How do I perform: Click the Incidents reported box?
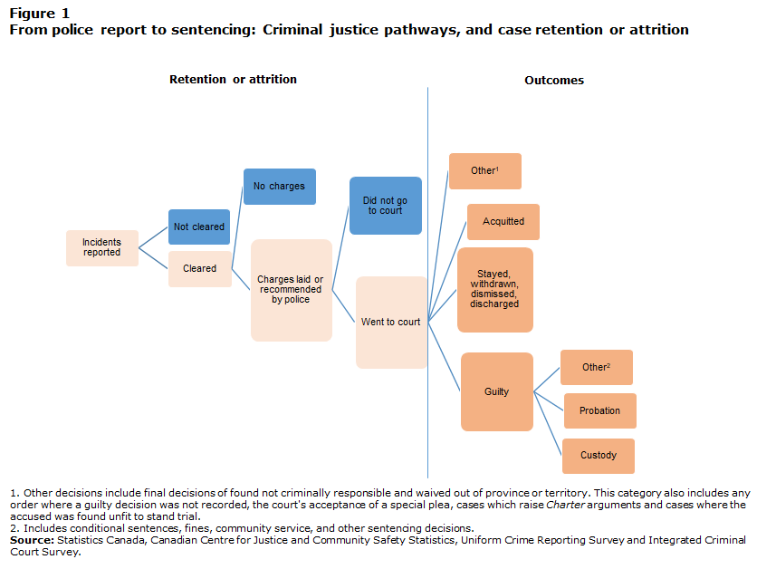pyautogui.click(x=102, y=248)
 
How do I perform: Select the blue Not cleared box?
pyautogui.click(x=199, y=227)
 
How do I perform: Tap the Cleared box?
pyautogui.click(x=200, y=269)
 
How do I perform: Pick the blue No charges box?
pyautogui.click(x=280, y=187)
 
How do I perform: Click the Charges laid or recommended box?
pyautogui.click(x=292, y=290)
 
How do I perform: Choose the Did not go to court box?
pyautogui.click(x=386, y=206)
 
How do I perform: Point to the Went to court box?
pyautogui.click(x=391, y=323)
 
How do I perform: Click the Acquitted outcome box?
pyautogui.click(x=503, y=222)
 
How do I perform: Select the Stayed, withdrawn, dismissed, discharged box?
pyautogui.click(x=495, y=290)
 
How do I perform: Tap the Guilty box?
pyautogui.click(x=497, y=391)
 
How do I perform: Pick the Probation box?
pyautogui.click(x=599, y=411)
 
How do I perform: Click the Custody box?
pyautogui.click(x=599, y=456)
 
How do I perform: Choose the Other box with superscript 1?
pyautogui.click(x=485, y=171)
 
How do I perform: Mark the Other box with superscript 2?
pyautogui.click(x=597, y=368)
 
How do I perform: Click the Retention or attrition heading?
pyautogui.click(x=233, y=79)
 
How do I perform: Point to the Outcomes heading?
pyautogui.click(x=554, y=81)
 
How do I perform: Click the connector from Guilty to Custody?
pyautogui.click(x=548, y=423)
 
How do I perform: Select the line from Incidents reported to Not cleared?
pyautogui.click(x=153, y=237)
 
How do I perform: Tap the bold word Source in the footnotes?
pyautogui.click(x=32, y=540)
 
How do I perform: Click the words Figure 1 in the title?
pyautogui.click(x=40, y=14)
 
